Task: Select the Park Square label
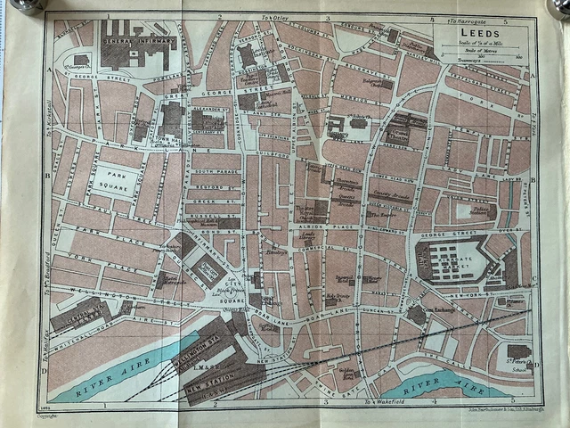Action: pyautogui.click(x=118, y=185)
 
